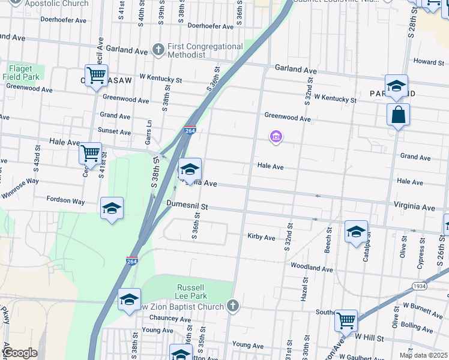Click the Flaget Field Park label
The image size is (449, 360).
(x=21, y=73)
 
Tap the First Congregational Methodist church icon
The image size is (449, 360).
(x=158, y=49)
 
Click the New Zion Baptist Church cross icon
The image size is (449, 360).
(x=233, y=307)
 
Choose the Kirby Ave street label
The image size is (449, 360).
(x=261, y=238)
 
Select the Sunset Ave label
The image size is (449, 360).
(x=115, y=132)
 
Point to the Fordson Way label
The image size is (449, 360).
(x=66, y=201)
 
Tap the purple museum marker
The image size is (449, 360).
(x=276, y=137)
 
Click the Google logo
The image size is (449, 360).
(x=20, y=353)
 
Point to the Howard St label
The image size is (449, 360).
(x=428, y=62)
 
